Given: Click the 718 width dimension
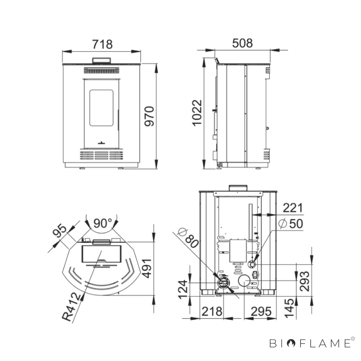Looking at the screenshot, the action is (x=102, y=44).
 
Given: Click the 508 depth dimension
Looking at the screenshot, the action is (x=242, y=43).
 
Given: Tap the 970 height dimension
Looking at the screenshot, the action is (x=149, y=116).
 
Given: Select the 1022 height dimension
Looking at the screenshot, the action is (x=197, y=113).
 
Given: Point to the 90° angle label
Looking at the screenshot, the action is (x=103, y=223).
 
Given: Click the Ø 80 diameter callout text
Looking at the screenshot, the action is (x=188, y=238).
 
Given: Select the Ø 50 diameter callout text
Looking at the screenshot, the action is (x=291, y=223).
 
